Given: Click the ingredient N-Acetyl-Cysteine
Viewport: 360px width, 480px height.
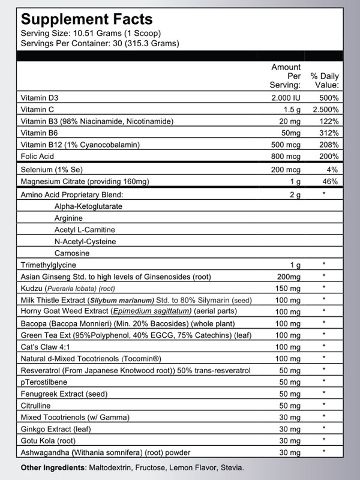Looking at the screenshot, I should point(85,241).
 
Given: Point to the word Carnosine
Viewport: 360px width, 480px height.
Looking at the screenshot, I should point(71,253).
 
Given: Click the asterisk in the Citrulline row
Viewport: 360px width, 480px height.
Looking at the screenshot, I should point(323,404).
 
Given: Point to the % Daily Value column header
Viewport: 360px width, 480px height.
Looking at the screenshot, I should point(325,81).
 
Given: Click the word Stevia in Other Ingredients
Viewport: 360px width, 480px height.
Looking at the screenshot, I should point(232,467).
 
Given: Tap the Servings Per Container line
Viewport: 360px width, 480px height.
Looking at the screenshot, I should point(100,43).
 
